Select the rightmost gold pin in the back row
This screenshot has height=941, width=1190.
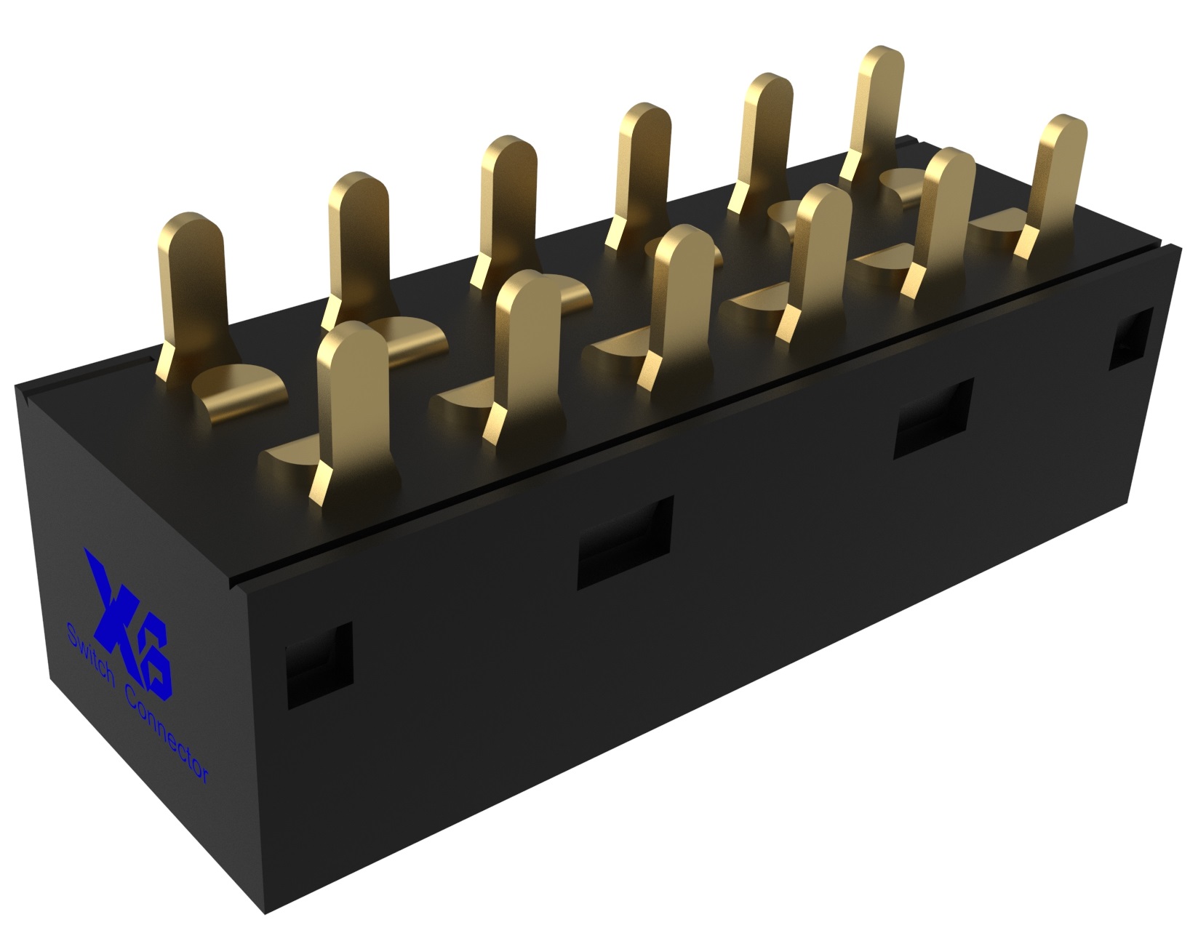[876, 109]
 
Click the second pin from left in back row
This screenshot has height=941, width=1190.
[356, 240]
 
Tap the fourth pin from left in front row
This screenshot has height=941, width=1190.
[818, 255]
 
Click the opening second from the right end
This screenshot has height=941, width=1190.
[933, 418]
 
